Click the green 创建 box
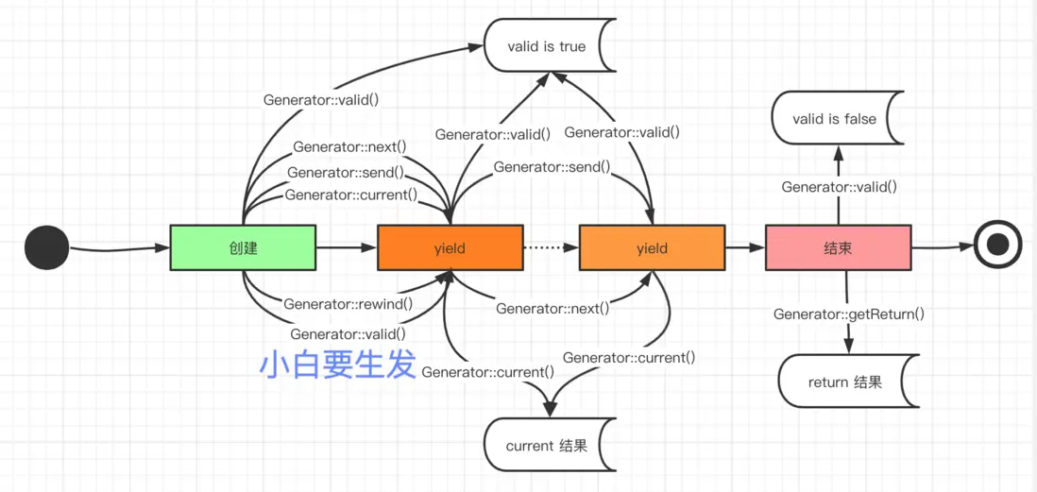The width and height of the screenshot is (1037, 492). coord(243,247)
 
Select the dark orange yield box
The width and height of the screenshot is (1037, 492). coord(450,247)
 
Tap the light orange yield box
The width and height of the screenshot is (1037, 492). coord(652,247)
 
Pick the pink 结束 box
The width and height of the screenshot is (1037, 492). coord(838,247)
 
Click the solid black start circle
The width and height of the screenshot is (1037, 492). coord(46,248)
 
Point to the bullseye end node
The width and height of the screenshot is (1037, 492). coord(997,246)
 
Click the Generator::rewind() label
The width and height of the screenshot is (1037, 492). coord(348,304)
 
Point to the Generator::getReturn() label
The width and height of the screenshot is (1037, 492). coord(848,314)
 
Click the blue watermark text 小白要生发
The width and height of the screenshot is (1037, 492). coord(337,365)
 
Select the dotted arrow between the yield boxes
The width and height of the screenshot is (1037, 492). coord(550,247)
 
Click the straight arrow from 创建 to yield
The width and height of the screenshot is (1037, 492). coord(346,247)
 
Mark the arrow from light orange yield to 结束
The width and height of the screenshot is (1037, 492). coord(744,247)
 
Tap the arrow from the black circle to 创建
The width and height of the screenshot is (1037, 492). coord(118,248)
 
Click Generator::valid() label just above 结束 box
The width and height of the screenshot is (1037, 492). coord(839,187)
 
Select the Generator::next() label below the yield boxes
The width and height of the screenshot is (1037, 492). coord(552,308)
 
